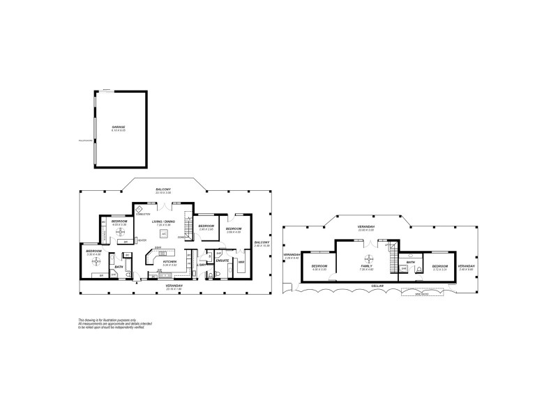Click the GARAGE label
click(x=118, y=127)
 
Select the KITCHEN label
click(x=169, y=263)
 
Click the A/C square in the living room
click(x=164, y=233)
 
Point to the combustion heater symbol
click(x=139, y=209)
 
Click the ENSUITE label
click(x=223, y=261)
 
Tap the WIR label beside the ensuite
click(x=241, y=262)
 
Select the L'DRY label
click(x=201, y=264)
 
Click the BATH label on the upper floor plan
click(x=411, y=262)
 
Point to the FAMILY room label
click(x=366, y=265)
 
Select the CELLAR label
click(x=377, y=286)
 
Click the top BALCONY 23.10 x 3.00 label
click(x=163, y=190)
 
